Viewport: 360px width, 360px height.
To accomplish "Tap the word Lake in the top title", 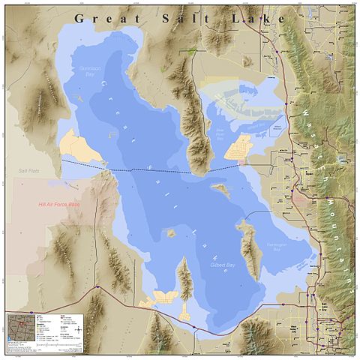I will click(259, 17).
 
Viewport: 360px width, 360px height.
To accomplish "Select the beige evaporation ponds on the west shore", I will click(79, 145).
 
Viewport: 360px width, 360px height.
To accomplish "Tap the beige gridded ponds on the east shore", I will click(241, 147).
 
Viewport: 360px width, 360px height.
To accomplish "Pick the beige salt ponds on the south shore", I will click(162, 299).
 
